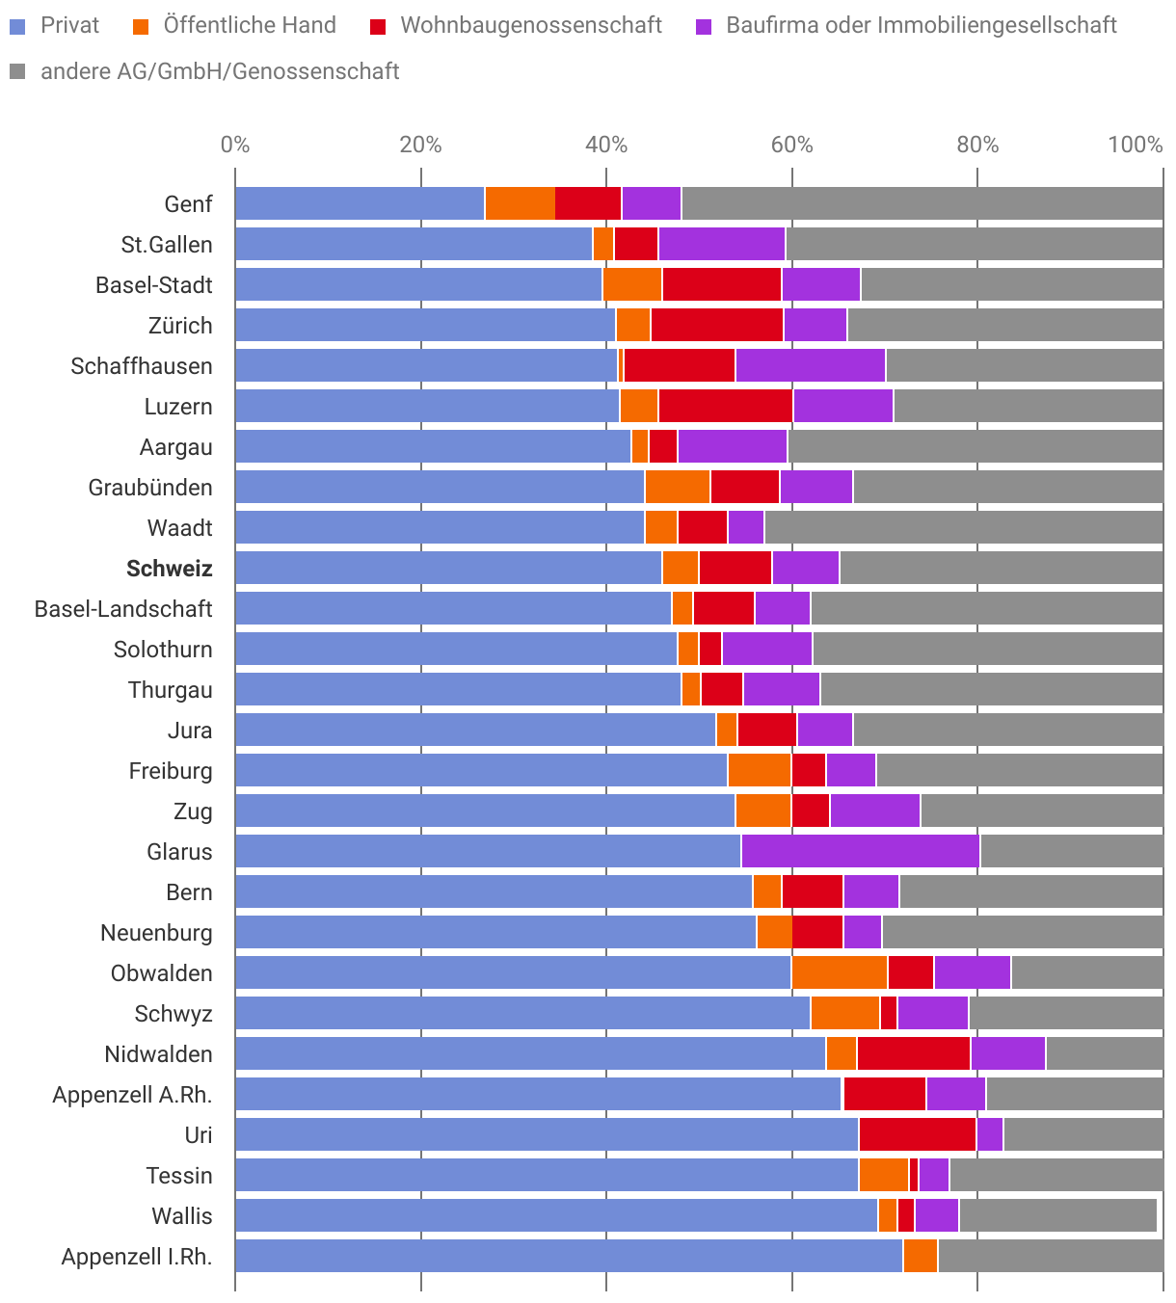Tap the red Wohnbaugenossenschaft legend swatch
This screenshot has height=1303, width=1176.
coord(379,26)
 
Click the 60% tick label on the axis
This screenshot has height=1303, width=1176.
coord(791,146)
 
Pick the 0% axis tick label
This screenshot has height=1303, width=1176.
coord(235,146)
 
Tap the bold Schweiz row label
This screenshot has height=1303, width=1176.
coord(169,569)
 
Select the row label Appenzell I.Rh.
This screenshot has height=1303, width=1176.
coord(137,1257)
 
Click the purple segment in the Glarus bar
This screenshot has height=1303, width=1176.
coord(860,852)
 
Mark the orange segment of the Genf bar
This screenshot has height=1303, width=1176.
coord(520,204)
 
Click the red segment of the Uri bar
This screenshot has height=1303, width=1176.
coord(917,1135)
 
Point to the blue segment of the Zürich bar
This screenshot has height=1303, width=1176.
coord(425,326)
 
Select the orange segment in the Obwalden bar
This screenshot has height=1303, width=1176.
coord(839,973)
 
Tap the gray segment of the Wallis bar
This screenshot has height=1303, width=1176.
coord(1057,1216)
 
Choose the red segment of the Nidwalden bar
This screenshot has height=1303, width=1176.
coord(913,1054)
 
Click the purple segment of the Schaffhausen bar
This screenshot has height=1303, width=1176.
coord(810,366)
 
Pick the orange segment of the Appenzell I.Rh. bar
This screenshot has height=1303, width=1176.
coord(920,1257)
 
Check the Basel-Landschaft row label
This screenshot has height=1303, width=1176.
coord(123,609)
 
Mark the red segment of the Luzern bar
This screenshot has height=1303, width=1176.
coord(725,407)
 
